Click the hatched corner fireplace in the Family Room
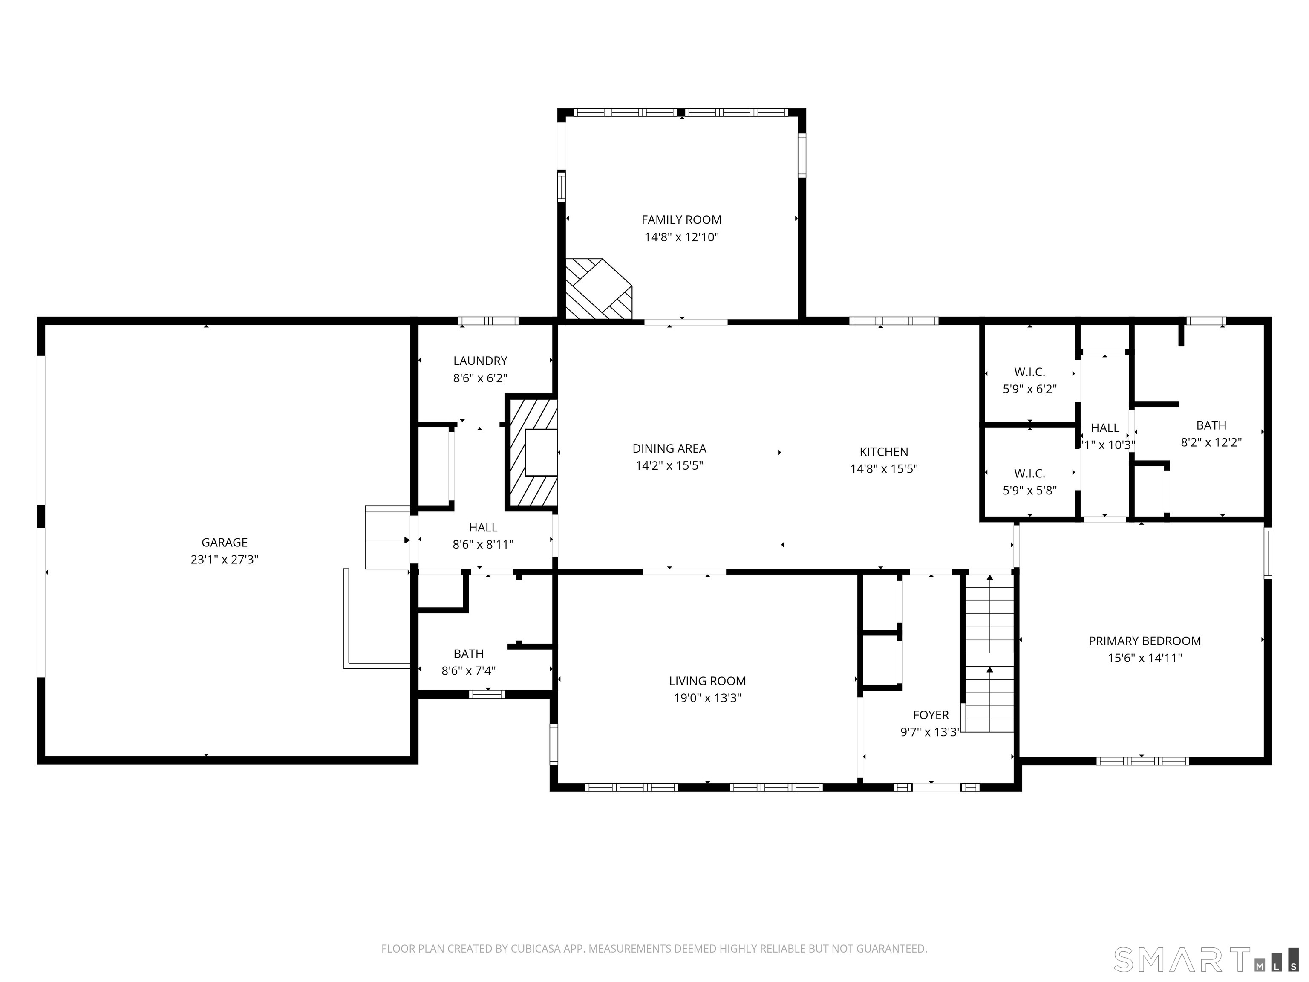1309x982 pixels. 598,289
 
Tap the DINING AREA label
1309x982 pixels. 669,449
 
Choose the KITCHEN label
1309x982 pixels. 883,452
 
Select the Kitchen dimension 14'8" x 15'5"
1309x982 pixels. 883,469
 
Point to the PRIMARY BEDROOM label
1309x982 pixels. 1145,641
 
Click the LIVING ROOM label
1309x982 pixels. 707,681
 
